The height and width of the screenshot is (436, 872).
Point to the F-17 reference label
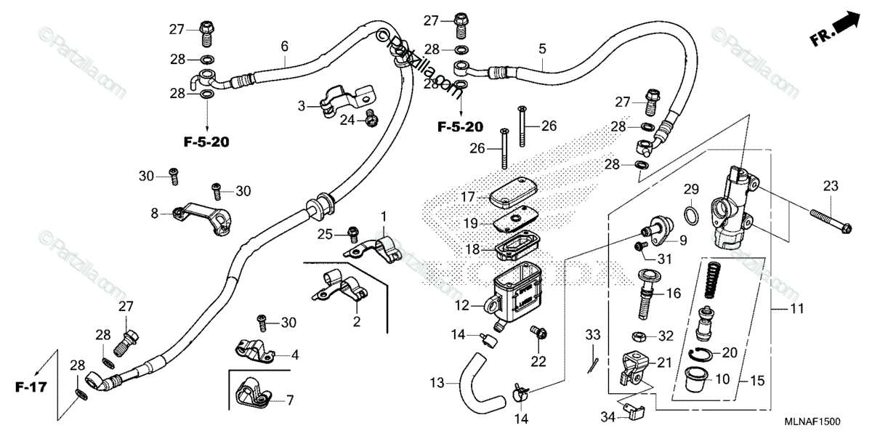click(x=30, y=387)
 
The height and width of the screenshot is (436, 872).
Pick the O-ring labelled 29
click(x=693, y=215)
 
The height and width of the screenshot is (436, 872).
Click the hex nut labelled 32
click(x=639, y=336)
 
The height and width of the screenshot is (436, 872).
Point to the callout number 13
click(x=435, y=382)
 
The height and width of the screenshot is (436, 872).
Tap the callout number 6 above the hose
click(x=285, y=47)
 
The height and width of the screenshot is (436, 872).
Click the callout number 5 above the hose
click(x=541, y=49)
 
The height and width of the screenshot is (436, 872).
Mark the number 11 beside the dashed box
click(x=797, y=309)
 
